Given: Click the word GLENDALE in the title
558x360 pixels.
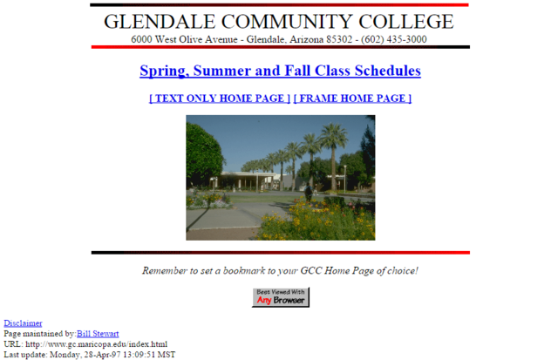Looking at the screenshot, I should click(149, 23).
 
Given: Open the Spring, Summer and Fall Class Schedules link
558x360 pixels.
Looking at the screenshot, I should click(280, 71).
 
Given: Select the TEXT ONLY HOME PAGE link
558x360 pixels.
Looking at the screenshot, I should click(220, 98).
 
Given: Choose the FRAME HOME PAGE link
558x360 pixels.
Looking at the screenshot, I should click(352, 98).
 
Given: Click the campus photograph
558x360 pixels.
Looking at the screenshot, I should click(280, 178).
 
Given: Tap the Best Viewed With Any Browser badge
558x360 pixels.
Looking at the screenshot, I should click(280, 297).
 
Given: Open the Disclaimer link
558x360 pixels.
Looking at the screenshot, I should click(23, 323).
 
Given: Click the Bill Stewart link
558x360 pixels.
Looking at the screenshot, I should click(98, 334).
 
